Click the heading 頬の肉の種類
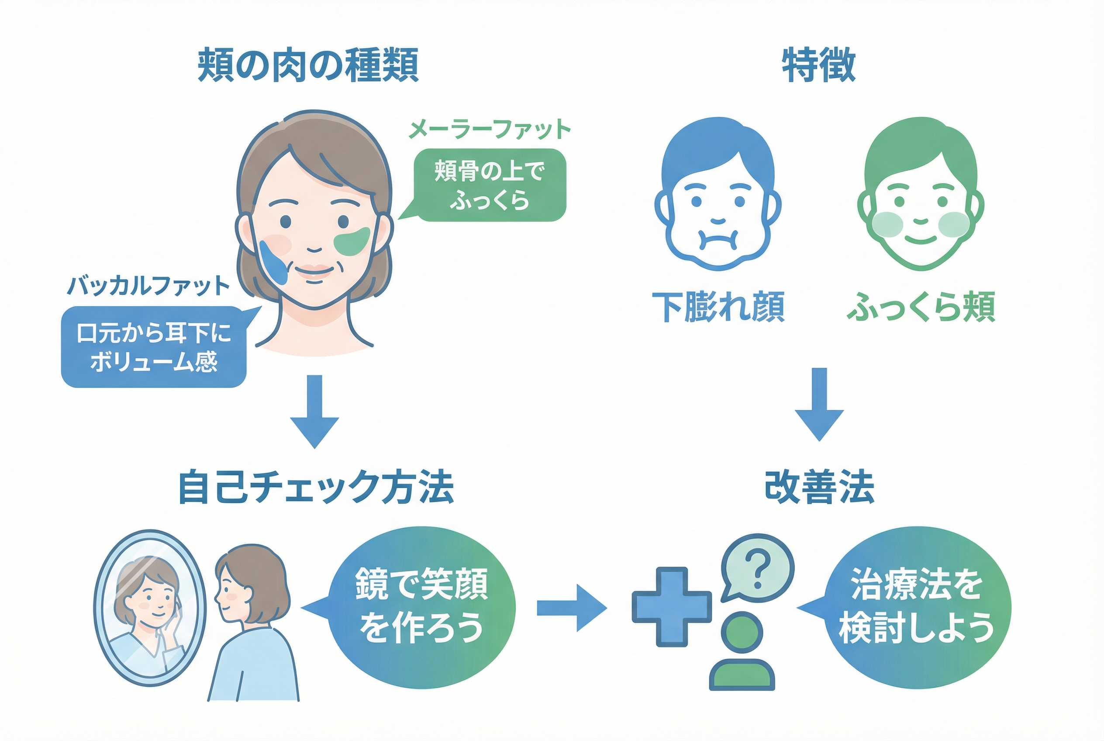307,65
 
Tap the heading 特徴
819,65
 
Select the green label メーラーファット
489,129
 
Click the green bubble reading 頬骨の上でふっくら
490,185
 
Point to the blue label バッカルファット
148,286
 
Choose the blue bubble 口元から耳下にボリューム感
154,347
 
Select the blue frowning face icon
718,195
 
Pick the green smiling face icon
920,195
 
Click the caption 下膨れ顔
718,307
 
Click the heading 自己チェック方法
316,487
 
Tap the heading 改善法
819,487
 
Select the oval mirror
149,608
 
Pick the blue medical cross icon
671,606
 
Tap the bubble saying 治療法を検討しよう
917,607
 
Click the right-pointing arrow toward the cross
571,608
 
